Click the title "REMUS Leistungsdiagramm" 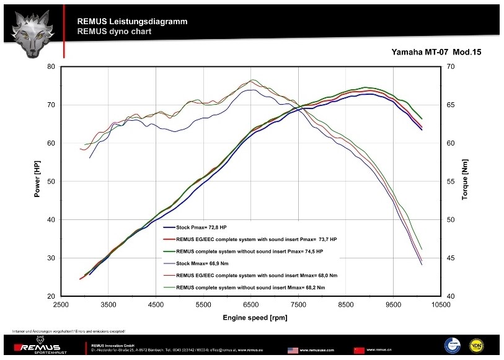point(132,21)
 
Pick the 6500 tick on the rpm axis point(250,304)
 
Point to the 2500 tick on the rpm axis point(61,304)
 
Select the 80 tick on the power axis point(51,66)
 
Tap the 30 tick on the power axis point(51,258)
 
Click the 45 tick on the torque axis point(450,258)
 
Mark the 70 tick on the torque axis point(450,66)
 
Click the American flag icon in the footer point(293,349)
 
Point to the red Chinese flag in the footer point(359,349)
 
